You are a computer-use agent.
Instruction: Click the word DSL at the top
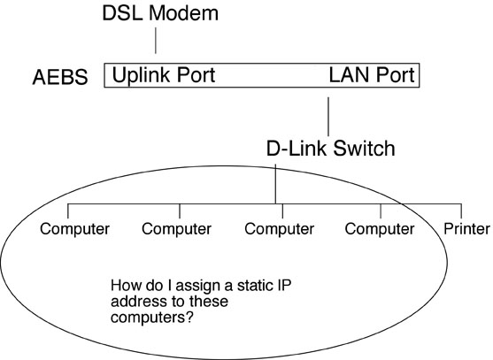(123, 13)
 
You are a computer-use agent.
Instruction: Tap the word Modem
(183, 13)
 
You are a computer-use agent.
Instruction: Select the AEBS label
(60, 77)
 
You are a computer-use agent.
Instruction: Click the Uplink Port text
(164, 75)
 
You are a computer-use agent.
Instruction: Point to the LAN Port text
(372, 75)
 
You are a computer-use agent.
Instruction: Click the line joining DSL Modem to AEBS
(156, 41)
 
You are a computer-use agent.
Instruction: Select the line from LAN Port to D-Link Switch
(328, 117)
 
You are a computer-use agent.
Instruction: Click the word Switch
(364, 149)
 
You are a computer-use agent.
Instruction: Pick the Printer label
(466, 229)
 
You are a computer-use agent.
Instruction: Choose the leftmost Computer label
(74, 229)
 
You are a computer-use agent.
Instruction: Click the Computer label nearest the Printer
(380, 229)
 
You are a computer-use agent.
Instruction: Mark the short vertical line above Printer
(461, 211)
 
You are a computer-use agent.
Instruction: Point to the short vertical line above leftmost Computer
(68, 211)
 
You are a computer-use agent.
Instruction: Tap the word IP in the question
(284, 286)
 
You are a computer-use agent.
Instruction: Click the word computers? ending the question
(151, 318)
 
